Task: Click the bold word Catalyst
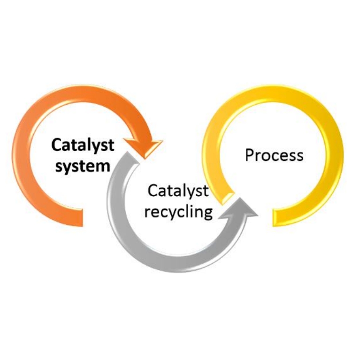point(83,145)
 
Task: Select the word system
point(83,166)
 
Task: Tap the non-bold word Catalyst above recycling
point(178,191)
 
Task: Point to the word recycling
point(178,211)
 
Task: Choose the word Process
point(274,155)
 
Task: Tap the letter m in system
point(104,167)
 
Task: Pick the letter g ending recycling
point(207,213)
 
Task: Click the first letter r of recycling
point(147,212)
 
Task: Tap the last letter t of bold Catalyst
point(111,145)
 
